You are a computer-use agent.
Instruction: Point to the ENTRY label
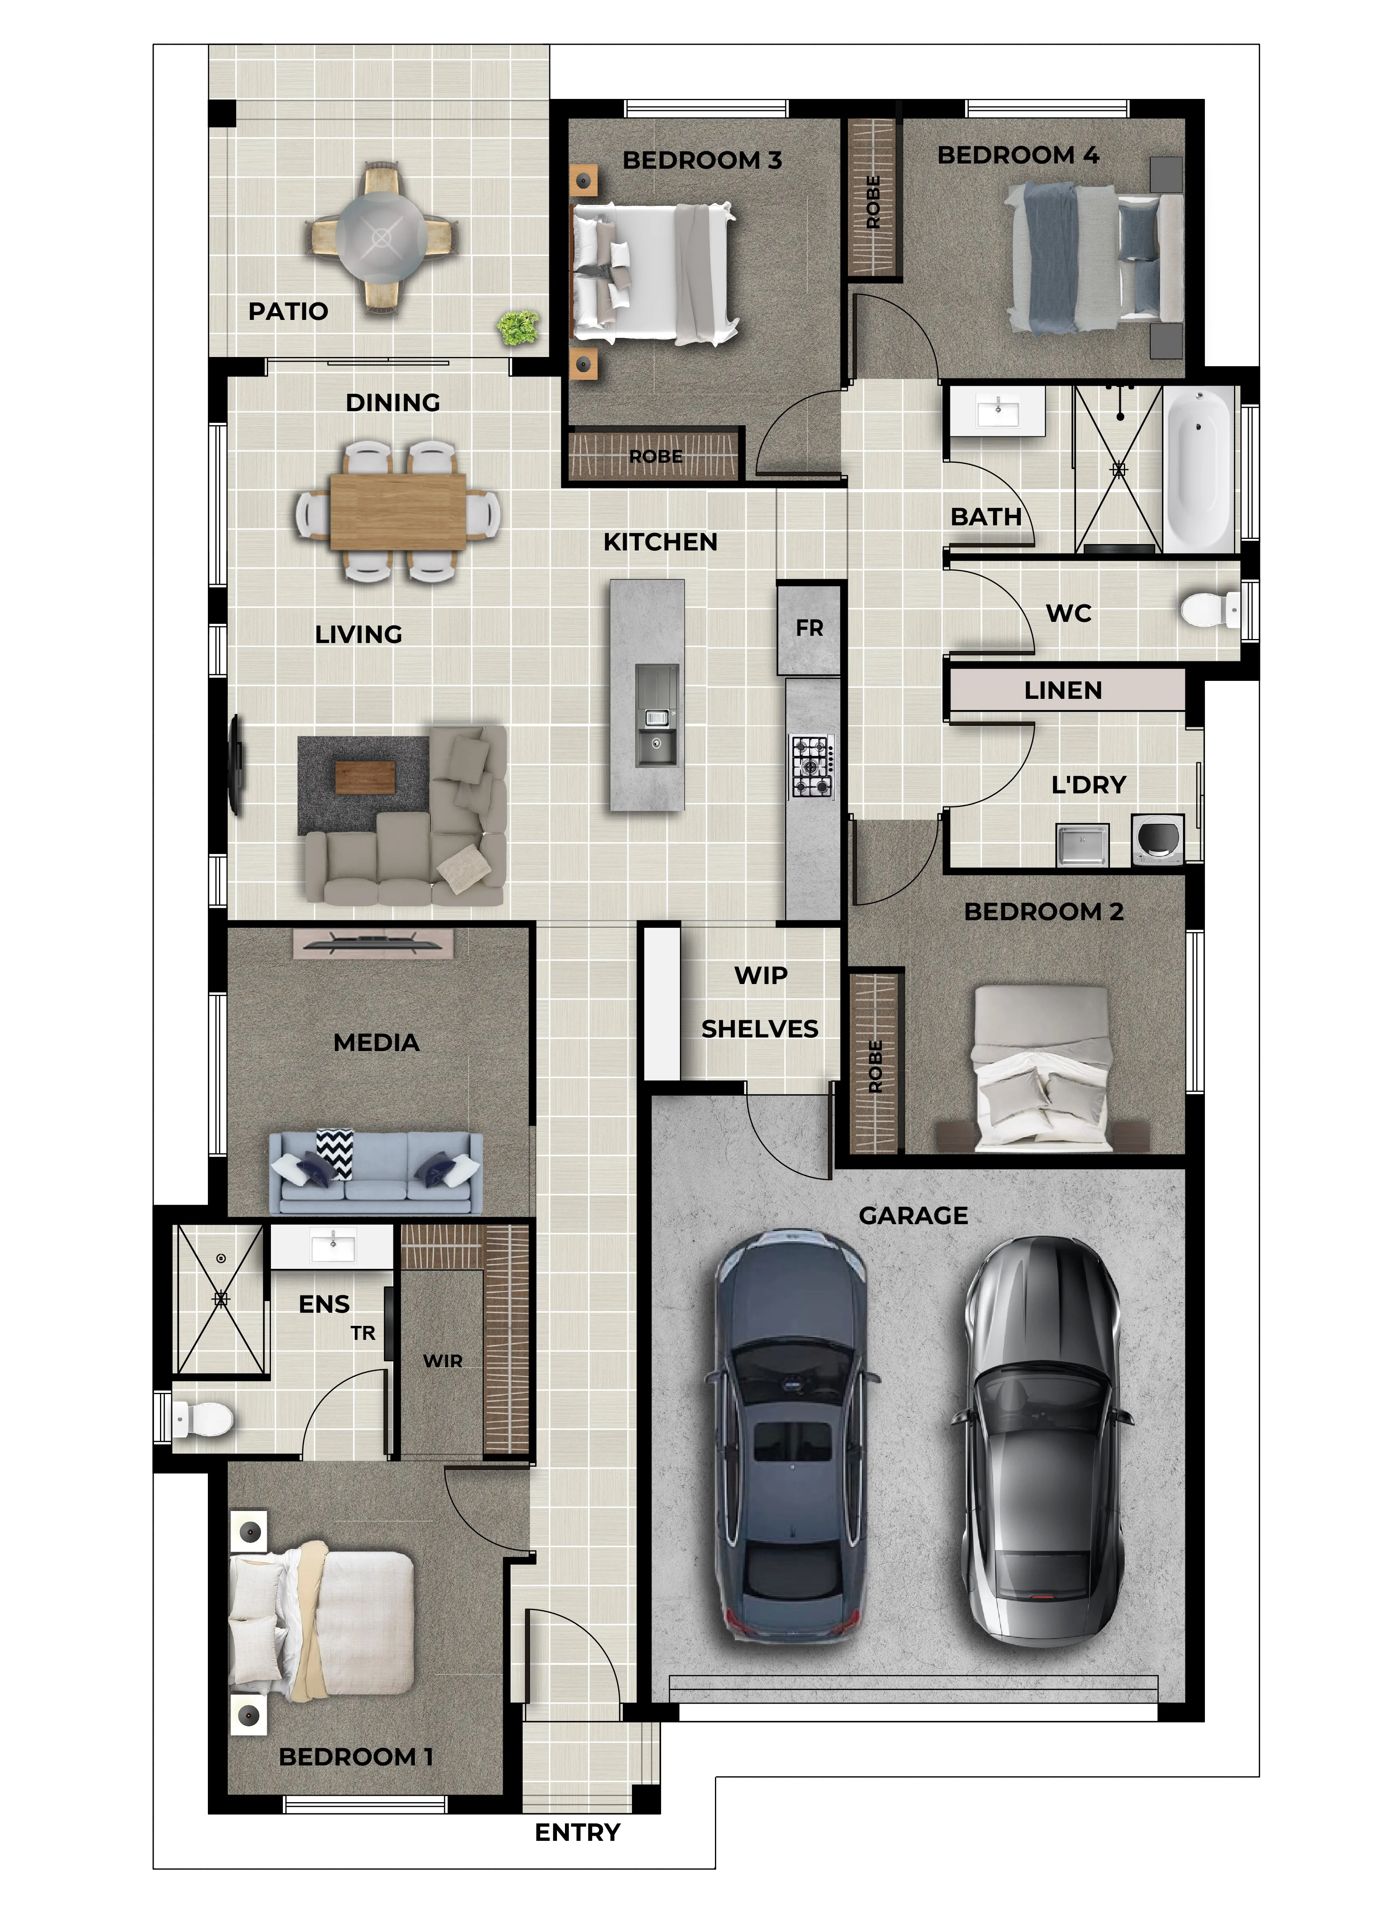tap(578, 1832)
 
